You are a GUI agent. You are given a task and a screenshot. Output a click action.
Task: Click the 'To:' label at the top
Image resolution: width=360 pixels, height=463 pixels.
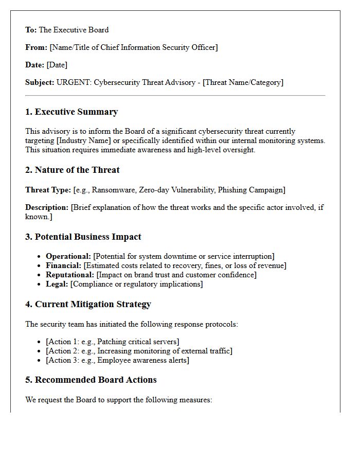point(31,30)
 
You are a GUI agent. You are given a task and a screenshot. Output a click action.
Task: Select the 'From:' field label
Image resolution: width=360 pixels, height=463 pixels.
point(36,47)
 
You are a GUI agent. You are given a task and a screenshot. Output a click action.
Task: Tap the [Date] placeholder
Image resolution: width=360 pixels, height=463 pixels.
point(57,65)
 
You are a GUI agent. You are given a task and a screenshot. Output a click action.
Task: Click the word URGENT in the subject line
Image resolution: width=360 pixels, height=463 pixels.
point(73,82)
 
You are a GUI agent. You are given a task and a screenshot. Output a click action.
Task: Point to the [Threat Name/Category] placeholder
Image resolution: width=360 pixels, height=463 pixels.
point(243,82)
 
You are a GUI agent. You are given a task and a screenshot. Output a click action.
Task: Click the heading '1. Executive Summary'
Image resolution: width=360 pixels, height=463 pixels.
point(71,112)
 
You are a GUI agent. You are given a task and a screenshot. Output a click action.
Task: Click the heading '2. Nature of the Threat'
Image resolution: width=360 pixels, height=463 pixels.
point(73,170)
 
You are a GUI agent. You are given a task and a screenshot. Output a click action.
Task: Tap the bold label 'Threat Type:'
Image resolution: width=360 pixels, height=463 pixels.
point(48,190)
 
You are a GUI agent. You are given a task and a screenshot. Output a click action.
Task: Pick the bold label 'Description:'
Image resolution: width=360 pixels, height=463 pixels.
point(47,207)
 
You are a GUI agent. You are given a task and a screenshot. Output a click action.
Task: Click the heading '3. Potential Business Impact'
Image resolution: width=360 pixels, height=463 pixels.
point(83,237)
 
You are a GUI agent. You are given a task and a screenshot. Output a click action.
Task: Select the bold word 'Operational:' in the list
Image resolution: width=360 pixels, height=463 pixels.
point(68,256)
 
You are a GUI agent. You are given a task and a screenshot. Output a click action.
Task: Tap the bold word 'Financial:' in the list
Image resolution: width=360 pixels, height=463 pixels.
point(63,265)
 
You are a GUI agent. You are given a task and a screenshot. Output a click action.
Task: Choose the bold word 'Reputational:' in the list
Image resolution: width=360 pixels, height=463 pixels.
point(70,275)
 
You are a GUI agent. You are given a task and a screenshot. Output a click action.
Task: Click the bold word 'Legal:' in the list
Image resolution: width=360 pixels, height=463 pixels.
point(57,284)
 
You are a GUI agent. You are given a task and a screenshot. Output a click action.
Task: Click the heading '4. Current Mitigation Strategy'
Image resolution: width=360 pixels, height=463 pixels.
point(88,304)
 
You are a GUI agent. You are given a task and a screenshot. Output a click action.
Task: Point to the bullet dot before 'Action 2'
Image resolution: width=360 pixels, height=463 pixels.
point(40,351)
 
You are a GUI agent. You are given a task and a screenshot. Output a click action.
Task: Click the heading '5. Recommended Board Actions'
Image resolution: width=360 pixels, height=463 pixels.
point(91,380)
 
